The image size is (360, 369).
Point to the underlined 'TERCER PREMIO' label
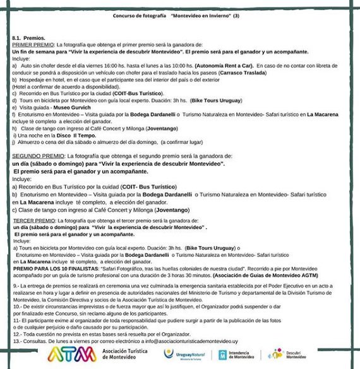[32, 221]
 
